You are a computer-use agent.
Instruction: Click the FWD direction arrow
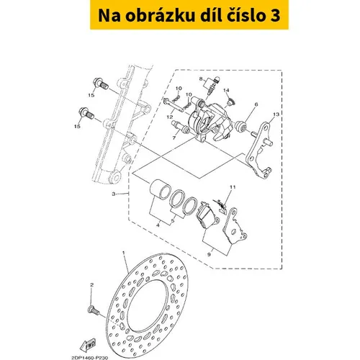click(x=88, y=345)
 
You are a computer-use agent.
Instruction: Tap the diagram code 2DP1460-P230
click(x=90, y=357)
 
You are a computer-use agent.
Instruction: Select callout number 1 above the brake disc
click(x=124, y=253)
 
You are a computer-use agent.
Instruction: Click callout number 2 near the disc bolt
click(x=91, y=285)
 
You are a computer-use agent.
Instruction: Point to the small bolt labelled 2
click(x=94, y=310)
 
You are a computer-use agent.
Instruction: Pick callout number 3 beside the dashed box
click(x=114, y=194)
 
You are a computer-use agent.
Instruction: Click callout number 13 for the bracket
click(x=276, y=114)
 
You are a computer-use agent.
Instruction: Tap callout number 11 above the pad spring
click(x=233, y=186)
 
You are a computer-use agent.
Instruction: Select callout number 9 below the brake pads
click(x=209, y=255)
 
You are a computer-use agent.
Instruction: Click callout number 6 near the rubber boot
click(x=256, y=104)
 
